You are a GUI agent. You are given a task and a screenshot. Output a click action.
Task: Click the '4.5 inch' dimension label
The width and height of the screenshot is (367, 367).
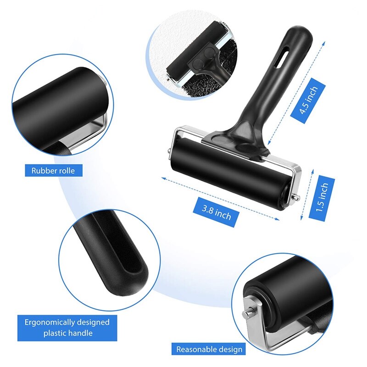308,100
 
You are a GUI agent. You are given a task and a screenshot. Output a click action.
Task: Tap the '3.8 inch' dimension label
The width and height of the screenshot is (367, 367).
216,212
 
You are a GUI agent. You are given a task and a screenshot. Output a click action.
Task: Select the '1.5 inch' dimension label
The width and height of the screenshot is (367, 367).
322,198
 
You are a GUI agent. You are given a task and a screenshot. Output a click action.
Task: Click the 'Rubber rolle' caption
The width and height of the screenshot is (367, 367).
53,171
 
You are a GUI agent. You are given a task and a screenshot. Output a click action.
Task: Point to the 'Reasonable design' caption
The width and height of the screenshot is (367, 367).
209,350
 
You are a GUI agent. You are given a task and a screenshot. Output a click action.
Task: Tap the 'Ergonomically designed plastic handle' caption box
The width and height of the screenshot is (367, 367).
67,328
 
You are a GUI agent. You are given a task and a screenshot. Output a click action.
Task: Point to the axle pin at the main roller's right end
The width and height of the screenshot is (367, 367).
296,197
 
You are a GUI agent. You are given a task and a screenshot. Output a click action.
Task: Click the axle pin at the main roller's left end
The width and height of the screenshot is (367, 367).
169,150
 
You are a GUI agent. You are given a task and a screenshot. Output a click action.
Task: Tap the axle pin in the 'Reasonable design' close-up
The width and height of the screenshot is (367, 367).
247,313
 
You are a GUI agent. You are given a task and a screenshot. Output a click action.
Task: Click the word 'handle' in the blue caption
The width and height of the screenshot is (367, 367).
79,333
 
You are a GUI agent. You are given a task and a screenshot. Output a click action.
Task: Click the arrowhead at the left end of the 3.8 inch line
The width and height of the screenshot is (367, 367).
163,178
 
